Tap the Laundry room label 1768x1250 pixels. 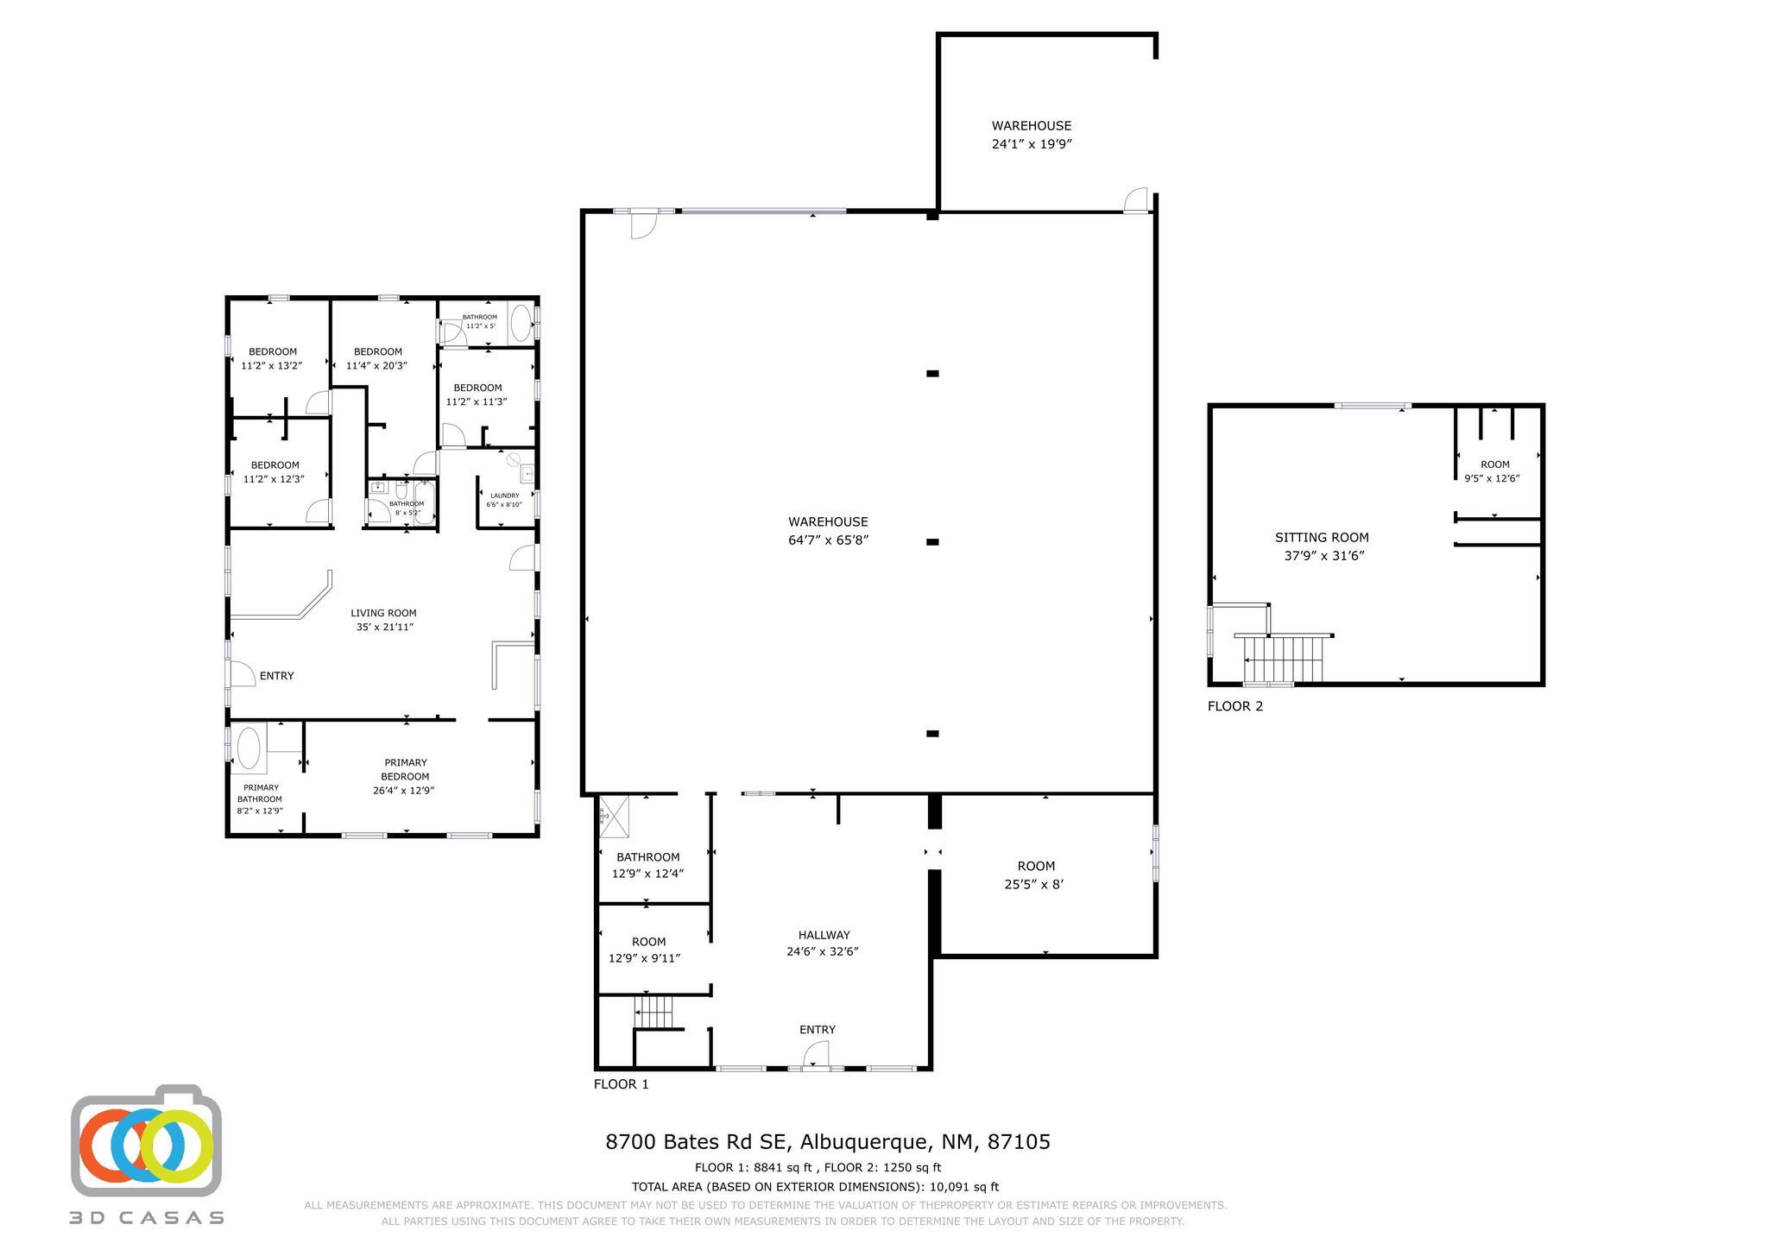click(504, 496)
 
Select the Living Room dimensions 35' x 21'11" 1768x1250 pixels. click(385, 627)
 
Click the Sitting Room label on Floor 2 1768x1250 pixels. click(1322, 538)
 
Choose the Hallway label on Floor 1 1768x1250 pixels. click(824, 935)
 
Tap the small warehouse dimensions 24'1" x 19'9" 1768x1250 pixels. click(1032, 144)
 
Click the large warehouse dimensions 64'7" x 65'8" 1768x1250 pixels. click(828, 540)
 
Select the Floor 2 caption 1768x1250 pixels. click(1235, 706)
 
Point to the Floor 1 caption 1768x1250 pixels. click(621, 1084)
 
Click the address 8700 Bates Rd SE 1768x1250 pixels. click(697, 1142)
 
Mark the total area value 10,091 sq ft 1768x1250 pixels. click(964, 1187)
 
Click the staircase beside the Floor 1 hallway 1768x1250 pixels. click(654, 1011)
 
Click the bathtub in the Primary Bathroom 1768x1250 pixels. click(249, 748)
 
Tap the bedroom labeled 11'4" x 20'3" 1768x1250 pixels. click(378, 358)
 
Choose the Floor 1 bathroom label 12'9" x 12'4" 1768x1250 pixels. click(647, 865)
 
